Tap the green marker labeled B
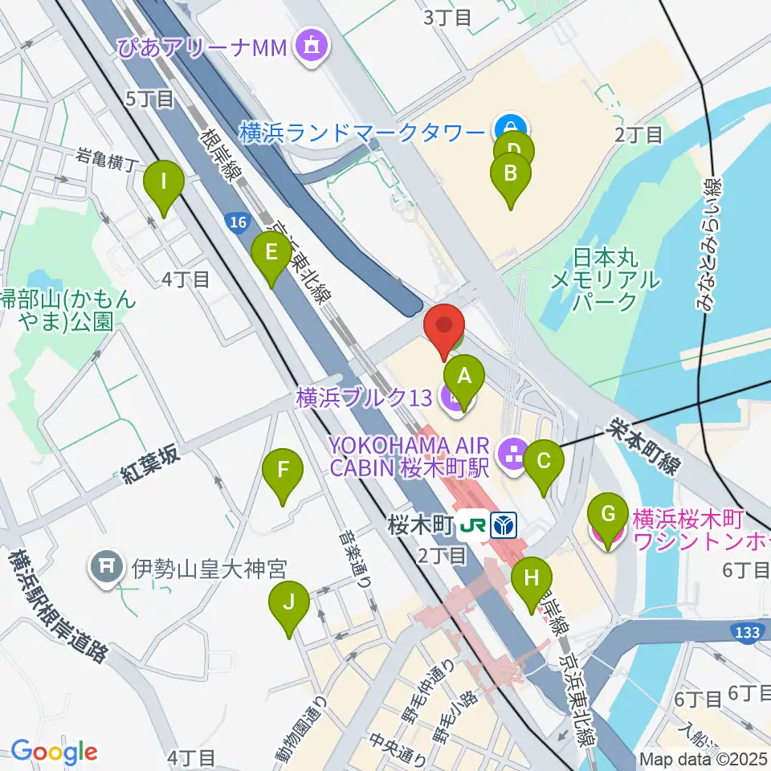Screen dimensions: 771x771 tap(509, 172)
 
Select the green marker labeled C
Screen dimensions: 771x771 tap(544, 461)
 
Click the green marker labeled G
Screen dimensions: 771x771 tap(608, 513)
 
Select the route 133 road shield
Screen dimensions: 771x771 tap(746, 633)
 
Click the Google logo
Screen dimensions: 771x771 tap(54, 752)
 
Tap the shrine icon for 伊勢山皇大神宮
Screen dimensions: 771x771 tap(107, 569)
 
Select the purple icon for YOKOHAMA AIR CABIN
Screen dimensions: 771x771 tap(511, 455)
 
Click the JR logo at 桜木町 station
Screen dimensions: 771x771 tap(472, 527)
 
